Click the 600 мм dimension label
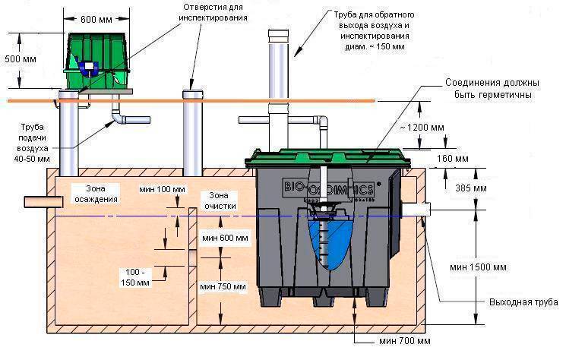pyautogui.click(x=96, y=19)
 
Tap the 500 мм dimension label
pyautogui.click(x=21, y=58)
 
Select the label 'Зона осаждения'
pyautogui.click(x=96, y=194)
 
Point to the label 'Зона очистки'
pyautogui.click(x=220, y=201)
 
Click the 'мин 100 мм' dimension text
pyautogui.click(x=162, y=189)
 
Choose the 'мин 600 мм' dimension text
pyautogui.click(x=225, y=238)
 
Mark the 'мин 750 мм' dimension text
pyautogui.click(x=223, y=287)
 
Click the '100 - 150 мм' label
pyautogui.click(x=135, y=277)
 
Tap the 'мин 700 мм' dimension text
pyautogui.click(x=405, y=341)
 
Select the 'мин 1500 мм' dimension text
pyautogui.click(x=479, y=267)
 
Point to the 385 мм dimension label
pyautogui.click(x=471, y=188)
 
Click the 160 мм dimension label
pyautogui.click(x=453, y=159)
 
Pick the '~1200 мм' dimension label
pyautogui.click(x=422, y=128)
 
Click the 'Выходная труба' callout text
pyautogui.click(x=523, y=302)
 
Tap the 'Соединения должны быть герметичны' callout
pyautogui.click(x=493, y=89)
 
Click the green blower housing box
pyautogui.click(x=96, y=60)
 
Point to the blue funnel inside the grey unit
pyautogui.click(x=328, y=245)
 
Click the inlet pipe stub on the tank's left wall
pyautogui.click(x=43, y=202)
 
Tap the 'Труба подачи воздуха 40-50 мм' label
pyautogui.click(x=33, y=143)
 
